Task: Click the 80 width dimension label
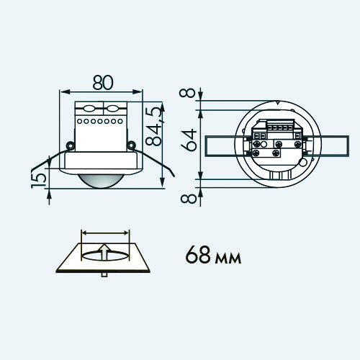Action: click(x=103, y=83)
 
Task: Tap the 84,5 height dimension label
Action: click(x=153, y=127)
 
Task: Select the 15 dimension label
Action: click(x=39, y=181)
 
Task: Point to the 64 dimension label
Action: click(x=189, y=140)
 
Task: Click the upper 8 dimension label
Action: click(x=187, y=93)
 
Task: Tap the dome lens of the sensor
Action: click(x=101, y=181)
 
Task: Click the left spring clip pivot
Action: click(x=71, y=145)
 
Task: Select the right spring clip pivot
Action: click(x=131, y=145)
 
